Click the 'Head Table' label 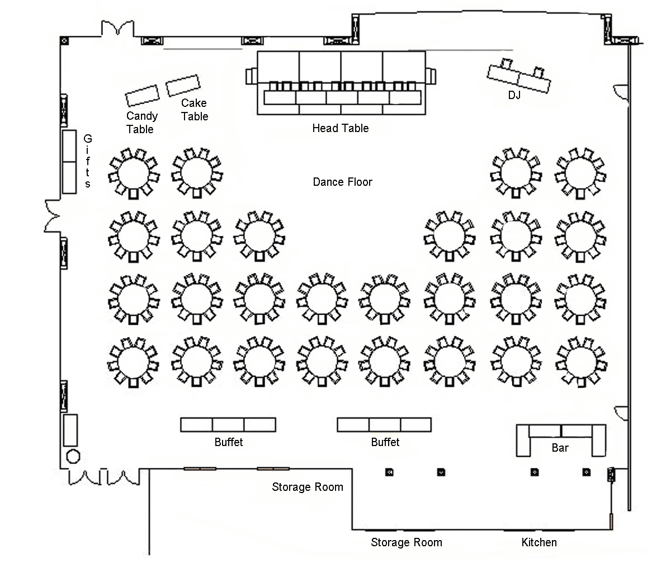coord(340,128)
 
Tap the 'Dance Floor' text coord(342,182)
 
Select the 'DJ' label coord(514,95)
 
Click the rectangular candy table coord(143,95)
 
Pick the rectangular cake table coord(183,85)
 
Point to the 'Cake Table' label coord(194,110)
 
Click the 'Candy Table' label coord(142,123)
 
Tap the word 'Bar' coord(560,448)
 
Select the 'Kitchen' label coord(539,542)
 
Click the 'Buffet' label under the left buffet coord(229,442)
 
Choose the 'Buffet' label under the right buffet coord(385,442)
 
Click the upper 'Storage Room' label coord(308,487)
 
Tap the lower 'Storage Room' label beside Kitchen coord(407,542)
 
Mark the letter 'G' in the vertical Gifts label coord(88,139)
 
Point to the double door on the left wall coord(51,216)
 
